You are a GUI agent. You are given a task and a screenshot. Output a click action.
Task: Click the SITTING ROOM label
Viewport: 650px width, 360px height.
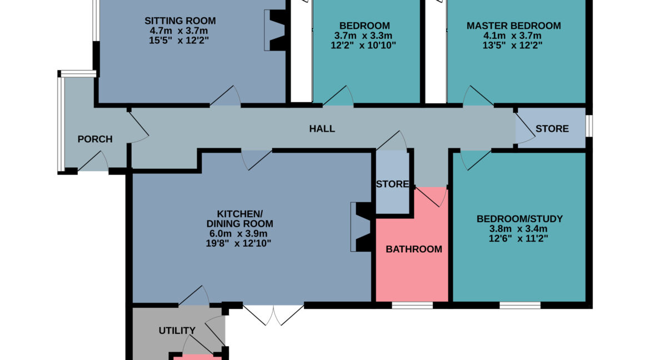(x=180, y=21)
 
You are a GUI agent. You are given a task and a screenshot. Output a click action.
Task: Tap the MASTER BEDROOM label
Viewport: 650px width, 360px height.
(x=514, y=26)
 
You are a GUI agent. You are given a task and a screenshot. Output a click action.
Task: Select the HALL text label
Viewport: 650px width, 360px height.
(x=322, y=129)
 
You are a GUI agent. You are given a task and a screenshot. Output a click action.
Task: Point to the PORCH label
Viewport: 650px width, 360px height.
(x=95, y=139)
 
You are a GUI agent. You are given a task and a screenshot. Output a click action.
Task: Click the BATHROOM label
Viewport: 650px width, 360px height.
(x=414, y=249)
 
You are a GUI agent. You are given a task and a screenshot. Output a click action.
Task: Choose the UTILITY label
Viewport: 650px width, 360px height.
(x=177, y=331)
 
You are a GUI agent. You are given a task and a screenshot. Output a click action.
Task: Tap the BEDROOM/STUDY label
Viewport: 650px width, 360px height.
(x=519, y=218)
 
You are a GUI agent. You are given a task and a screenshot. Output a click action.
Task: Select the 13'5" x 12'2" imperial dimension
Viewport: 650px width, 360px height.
(x=512, y=45)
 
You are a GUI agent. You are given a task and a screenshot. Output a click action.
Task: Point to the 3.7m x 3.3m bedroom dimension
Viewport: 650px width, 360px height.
(x=363, y=36)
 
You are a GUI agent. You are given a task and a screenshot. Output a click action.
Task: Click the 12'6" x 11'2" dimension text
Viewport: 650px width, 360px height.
(x=518, y=238)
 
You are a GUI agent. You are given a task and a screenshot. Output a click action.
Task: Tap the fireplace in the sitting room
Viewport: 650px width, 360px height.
(x=275, y=30)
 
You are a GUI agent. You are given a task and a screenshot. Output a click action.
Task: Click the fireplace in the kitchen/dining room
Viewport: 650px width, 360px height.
(x=361, y=227)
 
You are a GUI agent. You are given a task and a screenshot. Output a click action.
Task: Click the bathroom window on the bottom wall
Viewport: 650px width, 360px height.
(x=412, y=306)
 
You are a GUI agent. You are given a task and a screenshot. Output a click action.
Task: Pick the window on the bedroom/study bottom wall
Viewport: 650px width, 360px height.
(x=520, y=306)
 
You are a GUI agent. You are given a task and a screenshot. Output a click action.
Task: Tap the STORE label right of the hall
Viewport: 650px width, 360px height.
(x=552, y=129)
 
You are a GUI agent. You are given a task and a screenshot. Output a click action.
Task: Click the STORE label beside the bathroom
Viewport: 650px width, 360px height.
(x=393, y=184)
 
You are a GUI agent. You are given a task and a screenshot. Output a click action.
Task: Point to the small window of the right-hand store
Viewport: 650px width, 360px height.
(x=589, y=126)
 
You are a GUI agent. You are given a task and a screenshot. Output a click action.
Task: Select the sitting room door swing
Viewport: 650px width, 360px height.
(x=226, y=96)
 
